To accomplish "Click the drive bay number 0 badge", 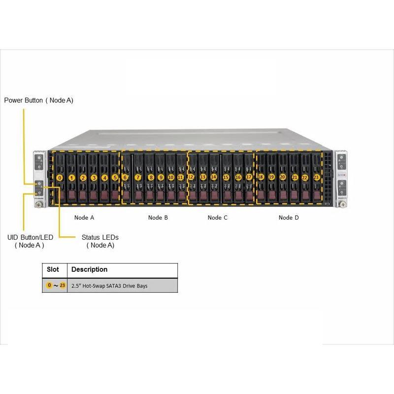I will pos(60,177).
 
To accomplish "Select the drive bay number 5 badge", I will pos(115,177).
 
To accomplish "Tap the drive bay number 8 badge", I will pos(151,177).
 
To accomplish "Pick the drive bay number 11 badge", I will pos(181,177).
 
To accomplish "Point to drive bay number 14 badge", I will pos(214,176).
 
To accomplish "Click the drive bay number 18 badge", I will pos(261,176).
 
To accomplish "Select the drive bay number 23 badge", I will pos(316,177).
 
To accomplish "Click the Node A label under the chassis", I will pos(84,217).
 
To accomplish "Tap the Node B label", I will pos(158,217).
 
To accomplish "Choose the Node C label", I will pos(218,217).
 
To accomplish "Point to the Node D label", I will pos(289,217).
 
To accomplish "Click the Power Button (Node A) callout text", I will pos(39,100).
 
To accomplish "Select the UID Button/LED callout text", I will pos(30,241).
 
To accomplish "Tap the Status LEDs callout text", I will pos(100,241).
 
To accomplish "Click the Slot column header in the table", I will pos(53,270).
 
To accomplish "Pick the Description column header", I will pos(89,270).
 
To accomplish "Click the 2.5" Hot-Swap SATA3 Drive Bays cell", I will pos(109,286).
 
